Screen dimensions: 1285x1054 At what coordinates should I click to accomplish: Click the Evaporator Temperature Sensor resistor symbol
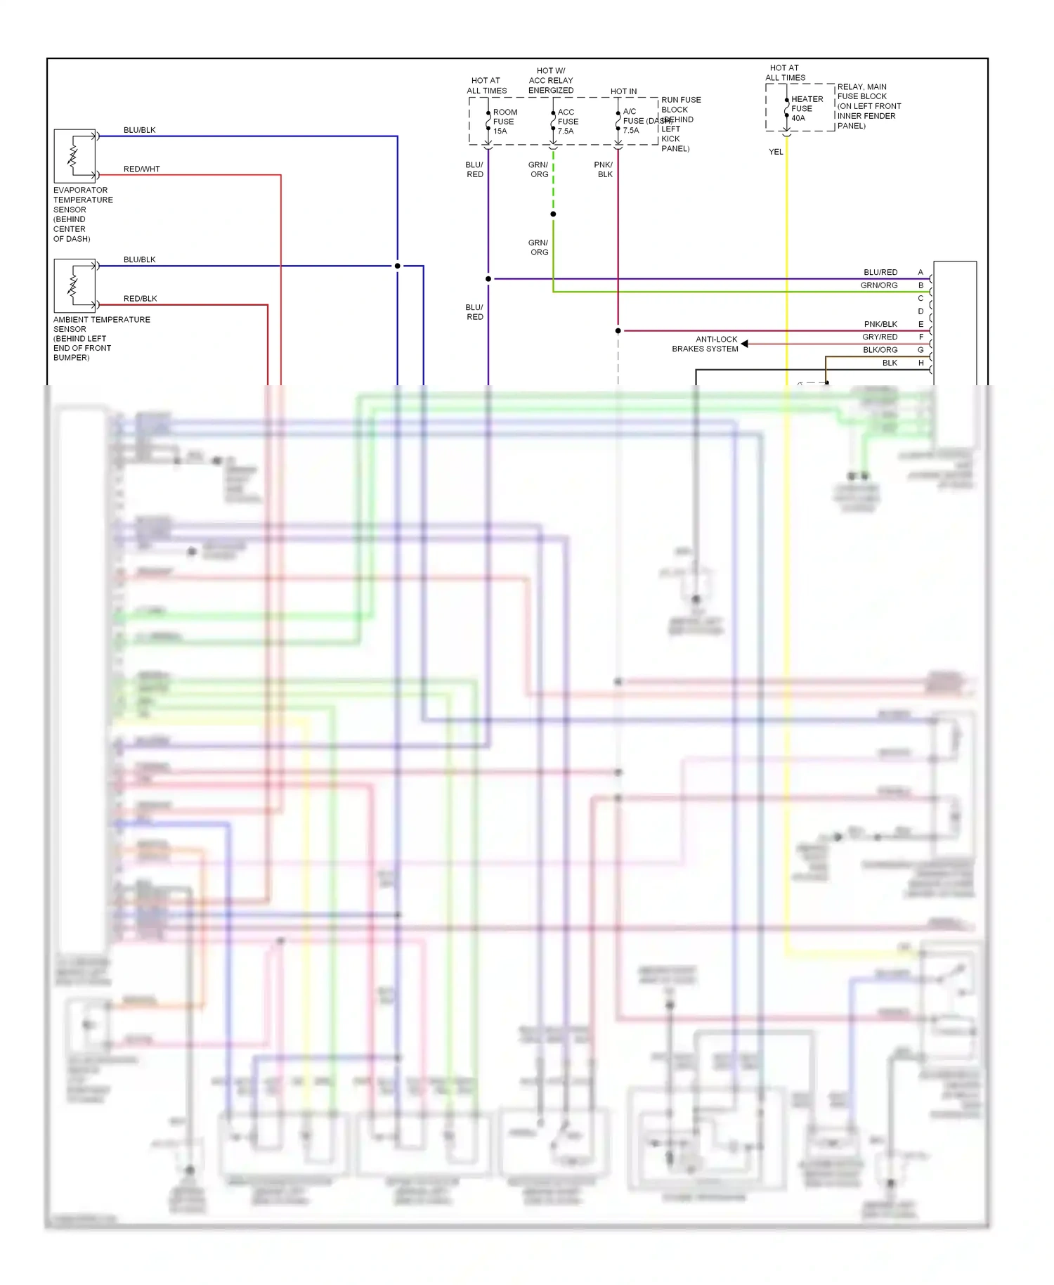73,156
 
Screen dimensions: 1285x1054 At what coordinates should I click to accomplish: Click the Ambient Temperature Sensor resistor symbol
73,285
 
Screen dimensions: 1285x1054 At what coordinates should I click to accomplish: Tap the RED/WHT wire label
141,169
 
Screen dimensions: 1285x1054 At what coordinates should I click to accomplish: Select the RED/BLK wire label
140,299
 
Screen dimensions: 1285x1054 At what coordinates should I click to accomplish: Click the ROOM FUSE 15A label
505,122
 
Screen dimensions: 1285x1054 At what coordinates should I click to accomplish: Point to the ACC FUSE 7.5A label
568,122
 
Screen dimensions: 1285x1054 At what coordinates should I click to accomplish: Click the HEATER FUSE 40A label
807,109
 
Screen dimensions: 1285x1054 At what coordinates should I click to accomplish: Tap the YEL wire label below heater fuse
776,152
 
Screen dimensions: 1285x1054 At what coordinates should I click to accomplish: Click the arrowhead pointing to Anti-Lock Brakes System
745,344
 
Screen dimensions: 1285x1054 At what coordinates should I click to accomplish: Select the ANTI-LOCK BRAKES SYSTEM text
705,344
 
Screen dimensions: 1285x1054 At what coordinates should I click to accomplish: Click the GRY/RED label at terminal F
880,337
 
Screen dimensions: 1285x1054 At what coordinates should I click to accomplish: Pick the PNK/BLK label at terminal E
880,324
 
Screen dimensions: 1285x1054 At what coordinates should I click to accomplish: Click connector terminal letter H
920,363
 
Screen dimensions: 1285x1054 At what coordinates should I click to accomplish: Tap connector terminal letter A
920,272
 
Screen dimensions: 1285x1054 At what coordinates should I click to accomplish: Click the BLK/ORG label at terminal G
880,350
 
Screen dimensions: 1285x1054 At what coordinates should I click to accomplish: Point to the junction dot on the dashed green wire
553,214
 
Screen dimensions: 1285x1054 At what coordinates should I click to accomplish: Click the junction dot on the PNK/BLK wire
618,330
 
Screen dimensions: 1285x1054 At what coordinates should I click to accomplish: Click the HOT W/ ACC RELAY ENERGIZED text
551,80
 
